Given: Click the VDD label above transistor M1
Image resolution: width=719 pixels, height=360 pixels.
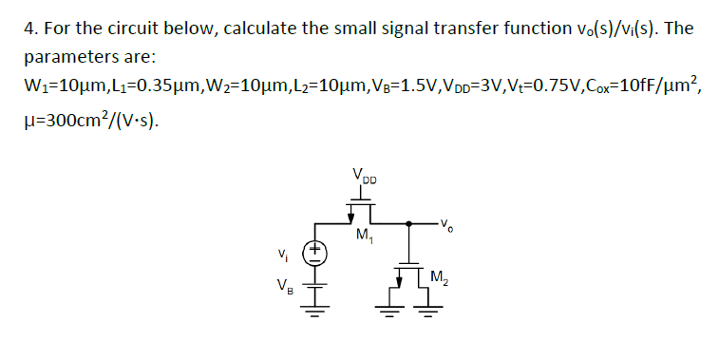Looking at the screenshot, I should point(364,177).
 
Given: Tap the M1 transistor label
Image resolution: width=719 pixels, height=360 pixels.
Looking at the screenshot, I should point(363,235).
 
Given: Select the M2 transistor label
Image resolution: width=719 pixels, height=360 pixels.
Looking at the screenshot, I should point(439,278).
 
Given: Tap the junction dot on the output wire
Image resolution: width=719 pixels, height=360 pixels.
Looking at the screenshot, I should point(408,224).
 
